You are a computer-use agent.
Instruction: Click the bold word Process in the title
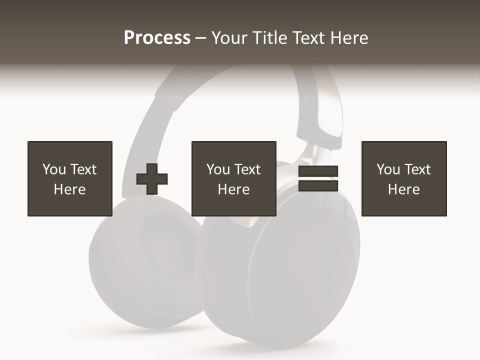pos(157,38)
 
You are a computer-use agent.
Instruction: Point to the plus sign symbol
pos(152,178)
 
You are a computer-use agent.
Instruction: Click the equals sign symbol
pos(318,178)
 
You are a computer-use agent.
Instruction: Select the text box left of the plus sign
pos(70,178)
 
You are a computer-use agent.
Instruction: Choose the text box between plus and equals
pos(234,178)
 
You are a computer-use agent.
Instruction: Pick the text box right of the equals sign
pos(404,178)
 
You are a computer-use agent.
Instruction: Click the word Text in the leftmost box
pos(83,169)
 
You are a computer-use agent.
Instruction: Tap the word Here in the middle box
pos(234,189)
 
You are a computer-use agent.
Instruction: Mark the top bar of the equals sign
pos(318,171)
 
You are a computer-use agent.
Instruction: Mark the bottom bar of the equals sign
pos(318,186)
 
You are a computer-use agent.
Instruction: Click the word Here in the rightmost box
pos(404,189)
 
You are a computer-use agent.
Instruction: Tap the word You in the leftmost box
pos(54,169)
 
